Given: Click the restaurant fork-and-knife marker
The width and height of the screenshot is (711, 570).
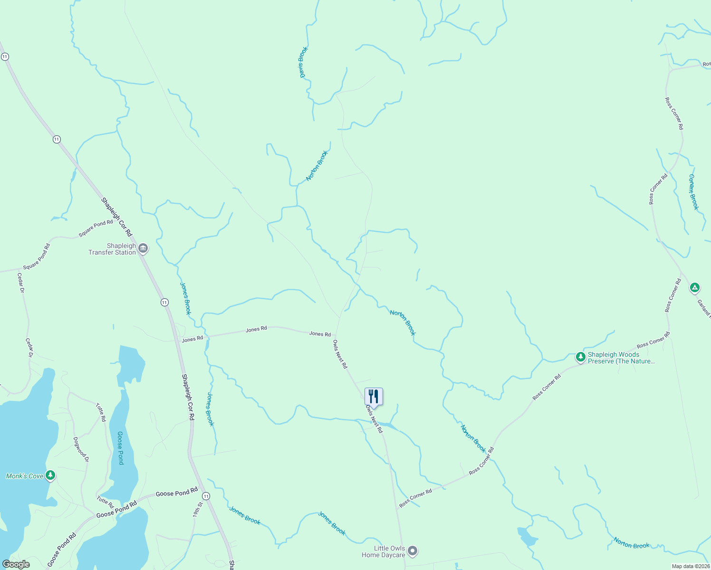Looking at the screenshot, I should pyautogui.click(x=374, y=396).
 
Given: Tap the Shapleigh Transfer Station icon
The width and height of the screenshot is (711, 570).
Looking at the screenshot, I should pyautogui.click(x=143, y=248).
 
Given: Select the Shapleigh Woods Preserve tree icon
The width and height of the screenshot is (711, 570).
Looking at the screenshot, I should pyautogui.click(x=580, y=357).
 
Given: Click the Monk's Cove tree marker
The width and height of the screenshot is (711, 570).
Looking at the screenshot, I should pyautogui.click(x=50, y=475).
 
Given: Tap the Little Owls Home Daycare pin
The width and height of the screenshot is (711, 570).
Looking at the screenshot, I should pyautogui.click(x=413, y=551).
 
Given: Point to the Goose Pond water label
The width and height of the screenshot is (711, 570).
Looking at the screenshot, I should pyautogui.click(x=120, y=448).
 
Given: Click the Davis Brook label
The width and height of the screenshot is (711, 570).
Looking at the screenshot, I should pyautogui.click(x=303, y=62).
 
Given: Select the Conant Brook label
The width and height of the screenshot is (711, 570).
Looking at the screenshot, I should pyautogui.click(x=693, y=192).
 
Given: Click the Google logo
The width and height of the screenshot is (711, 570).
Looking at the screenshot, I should pyautogui.click(x=16, y=564).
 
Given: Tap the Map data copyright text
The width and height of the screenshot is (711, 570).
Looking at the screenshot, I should pyautogui.click(x=690, y=566).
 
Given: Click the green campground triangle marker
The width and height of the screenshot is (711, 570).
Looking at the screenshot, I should pyautogui.click(x=694, y=287).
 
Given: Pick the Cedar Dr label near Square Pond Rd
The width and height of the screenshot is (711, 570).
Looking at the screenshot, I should pyautogui.click(x=20, y=283).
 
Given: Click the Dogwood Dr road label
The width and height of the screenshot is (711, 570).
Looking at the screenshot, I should pyautogui.click(x=81, y=449).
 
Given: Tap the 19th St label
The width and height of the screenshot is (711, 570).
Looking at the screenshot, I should pyautogui.click(x=197, y=509).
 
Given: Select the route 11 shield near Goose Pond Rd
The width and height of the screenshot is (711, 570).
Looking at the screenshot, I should pyautogui.click(x=206, y=496).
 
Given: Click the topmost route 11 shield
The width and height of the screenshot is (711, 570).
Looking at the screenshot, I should pyautogui.click(x=5, y=57).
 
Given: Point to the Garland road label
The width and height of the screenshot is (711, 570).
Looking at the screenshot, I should pyautogui.click(x=703, y=307).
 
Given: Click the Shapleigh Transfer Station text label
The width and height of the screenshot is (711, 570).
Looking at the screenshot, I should pyautogui.click(x=112, y=249).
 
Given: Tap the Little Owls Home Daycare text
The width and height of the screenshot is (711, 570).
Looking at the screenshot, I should pyautogui.click(x=383, y=551).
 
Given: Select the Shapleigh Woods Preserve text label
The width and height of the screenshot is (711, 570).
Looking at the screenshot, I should pyautogui.click(x=621, y=358).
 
